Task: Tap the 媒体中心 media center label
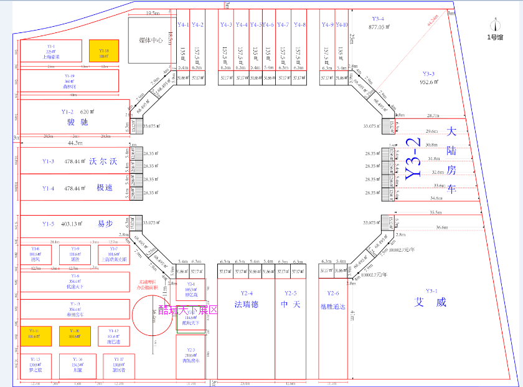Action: [151, 40]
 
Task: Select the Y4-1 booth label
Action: [183, 25]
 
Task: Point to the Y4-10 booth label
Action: [342, 25]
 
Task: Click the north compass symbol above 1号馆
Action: [496, 26]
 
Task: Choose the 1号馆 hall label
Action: [496, 37]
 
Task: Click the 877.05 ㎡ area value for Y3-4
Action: [379, 27]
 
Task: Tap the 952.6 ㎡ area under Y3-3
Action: [431, 82]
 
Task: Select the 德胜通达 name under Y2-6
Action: [332, 305]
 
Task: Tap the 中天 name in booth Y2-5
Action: [291, 305]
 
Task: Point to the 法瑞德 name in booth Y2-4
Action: [247, 305]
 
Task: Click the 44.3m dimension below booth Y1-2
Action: [75, 143]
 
